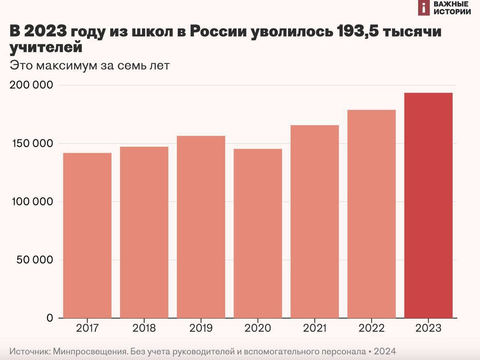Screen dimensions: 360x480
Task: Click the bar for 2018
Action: [x=144, y=232]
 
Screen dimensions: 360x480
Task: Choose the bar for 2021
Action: [x=314, y=222]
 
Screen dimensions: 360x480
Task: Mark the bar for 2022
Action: [x=371, y=214]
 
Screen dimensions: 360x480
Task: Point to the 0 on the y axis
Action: [x=49, y=318]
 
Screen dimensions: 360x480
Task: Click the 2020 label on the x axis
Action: [x=258, y=329]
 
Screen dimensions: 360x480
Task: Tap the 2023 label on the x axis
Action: [x=428, y=329]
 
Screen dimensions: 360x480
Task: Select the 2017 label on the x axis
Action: [x=87, y=329]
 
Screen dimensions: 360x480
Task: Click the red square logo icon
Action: [x=424, y=8]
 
